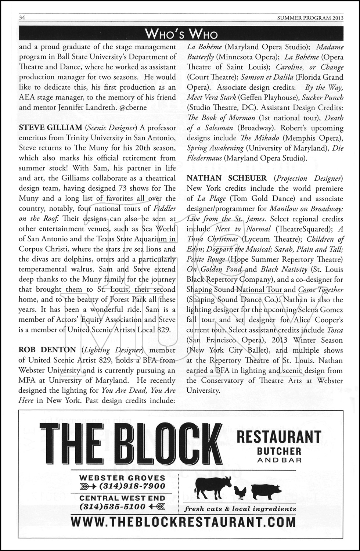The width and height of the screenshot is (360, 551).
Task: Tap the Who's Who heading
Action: (x=181, y=35)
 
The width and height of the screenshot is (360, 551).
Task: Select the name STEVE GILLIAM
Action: (x=50, y=128)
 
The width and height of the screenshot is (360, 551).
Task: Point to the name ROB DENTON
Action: (x=47, y=350)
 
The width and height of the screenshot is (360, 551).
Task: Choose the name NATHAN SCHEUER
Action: (x=227, y=178)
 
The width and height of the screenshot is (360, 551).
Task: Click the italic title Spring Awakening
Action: (x=215, y=148)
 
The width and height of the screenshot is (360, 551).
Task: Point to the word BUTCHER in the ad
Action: (x=279, y=451)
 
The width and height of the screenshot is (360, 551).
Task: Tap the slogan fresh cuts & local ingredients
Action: (x=240, y=509)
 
